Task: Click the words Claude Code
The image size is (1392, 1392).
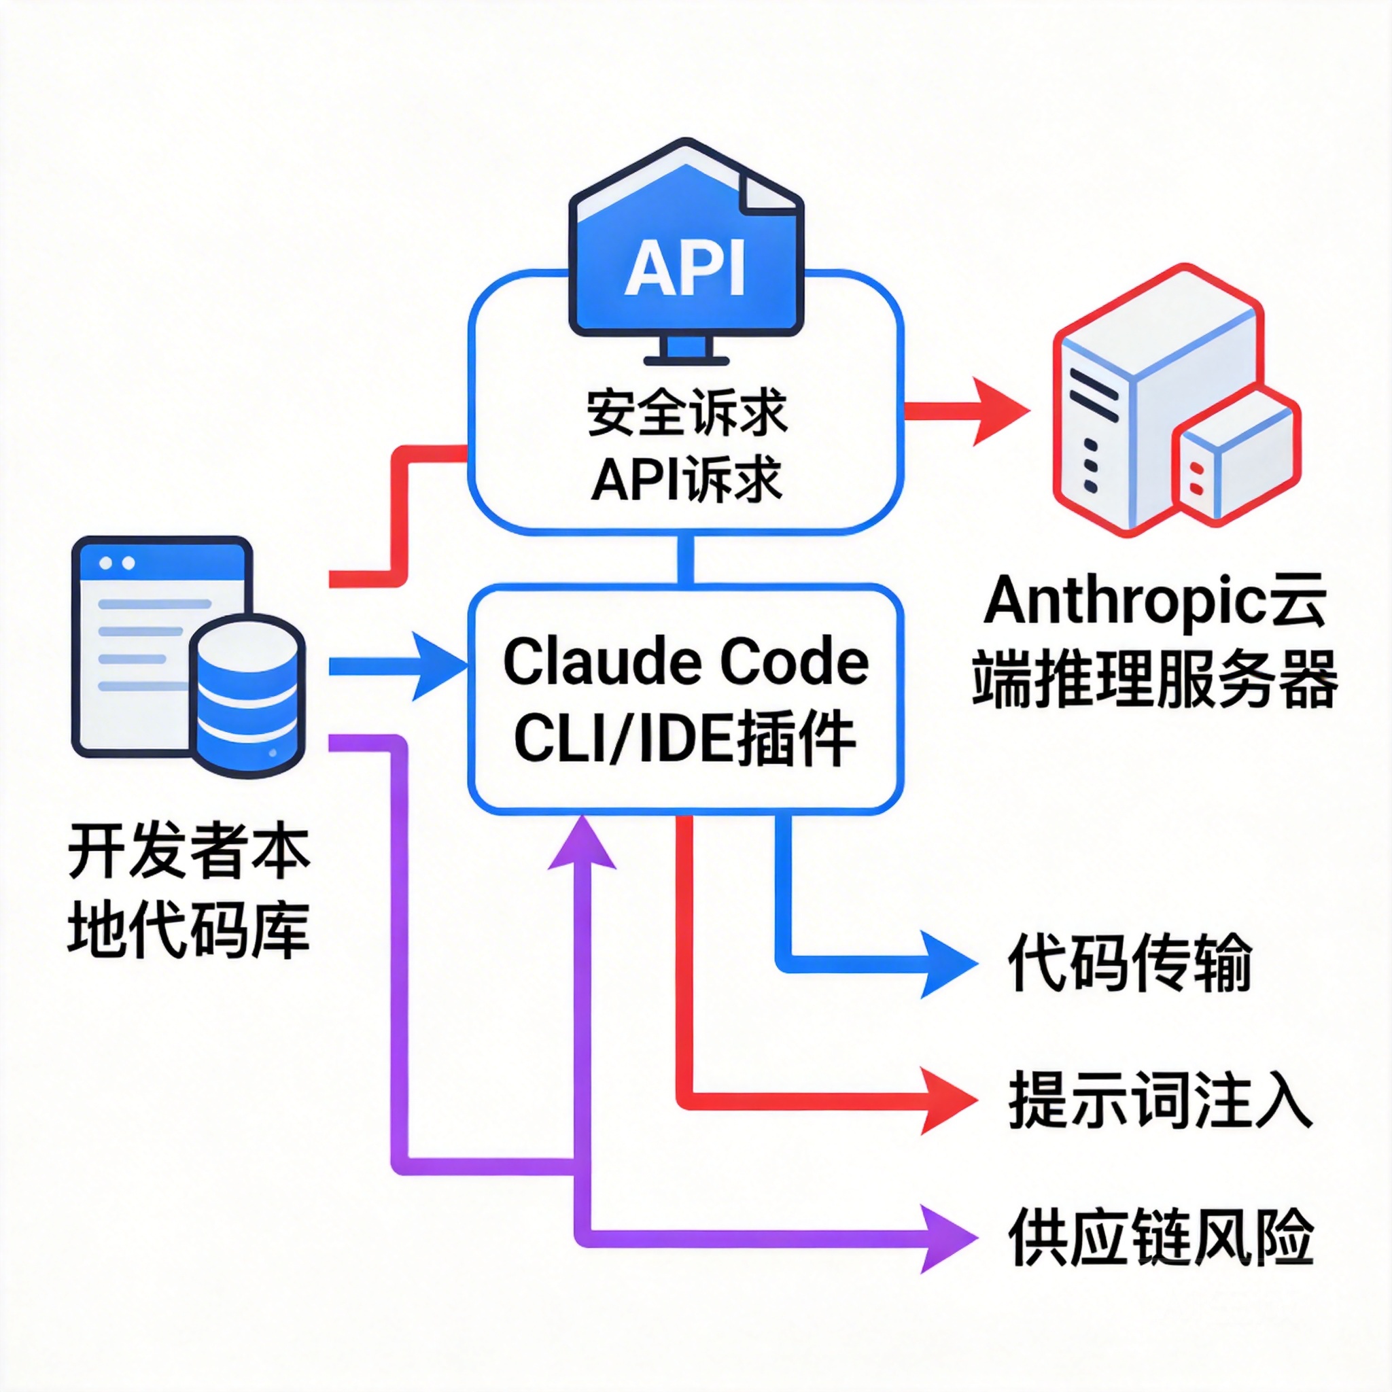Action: tap(685, 662)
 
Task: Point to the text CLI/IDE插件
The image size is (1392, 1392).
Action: tap(685, 739)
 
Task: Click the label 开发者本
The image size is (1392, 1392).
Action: tap(189, 852)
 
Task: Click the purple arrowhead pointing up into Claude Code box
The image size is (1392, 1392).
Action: tap(582, 846)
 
